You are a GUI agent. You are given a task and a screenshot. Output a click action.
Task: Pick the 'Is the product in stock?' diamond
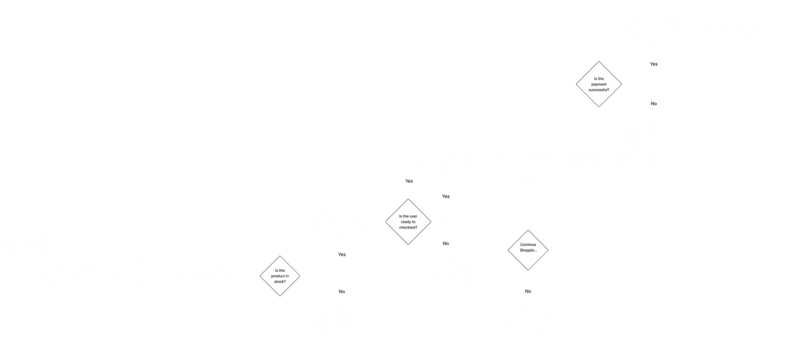[280, 276]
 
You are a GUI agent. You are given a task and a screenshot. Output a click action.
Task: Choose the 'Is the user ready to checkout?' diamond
[408, 222]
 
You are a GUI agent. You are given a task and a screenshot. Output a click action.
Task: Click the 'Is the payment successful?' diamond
[599, 84]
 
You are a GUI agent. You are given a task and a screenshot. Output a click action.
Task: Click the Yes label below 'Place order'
[654, 64]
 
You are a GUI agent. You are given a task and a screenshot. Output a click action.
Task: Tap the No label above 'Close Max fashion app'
[528, 291]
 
